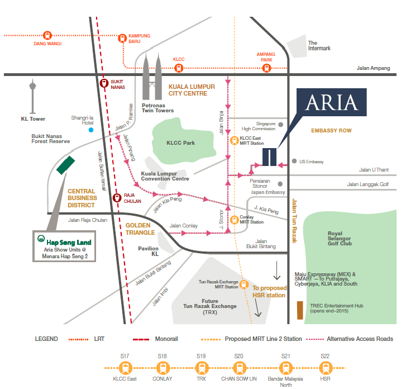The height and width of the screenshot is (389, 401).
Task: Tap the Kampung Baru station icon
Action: [x=123, y=38]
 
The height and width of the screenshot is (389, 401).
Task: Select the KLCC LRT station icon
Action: [x=179, y=68]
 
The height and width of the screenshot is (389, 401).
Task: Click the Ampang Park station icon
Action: [x=266, y=68]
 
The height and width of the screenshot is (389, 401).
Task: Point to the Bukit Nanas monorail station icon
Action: [x=104, y=83]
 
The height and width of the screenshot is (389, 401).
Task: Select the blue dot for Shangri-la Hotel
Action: [x=90, y=130]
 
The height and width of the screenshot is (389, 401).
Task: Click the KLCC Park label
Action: [x=180, y=143]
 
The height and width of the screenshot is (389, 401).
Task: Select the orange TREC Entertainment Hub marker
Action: [x=300, y=311]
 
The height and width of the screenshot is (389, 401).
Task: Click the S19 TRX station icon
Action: [x=200, y=368]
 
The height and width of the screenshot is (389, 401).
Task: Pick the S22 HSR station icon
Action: [x=325, y=368]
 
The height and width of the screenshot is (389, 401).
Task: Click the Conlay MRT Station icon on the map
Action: [x=235, y=219]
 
